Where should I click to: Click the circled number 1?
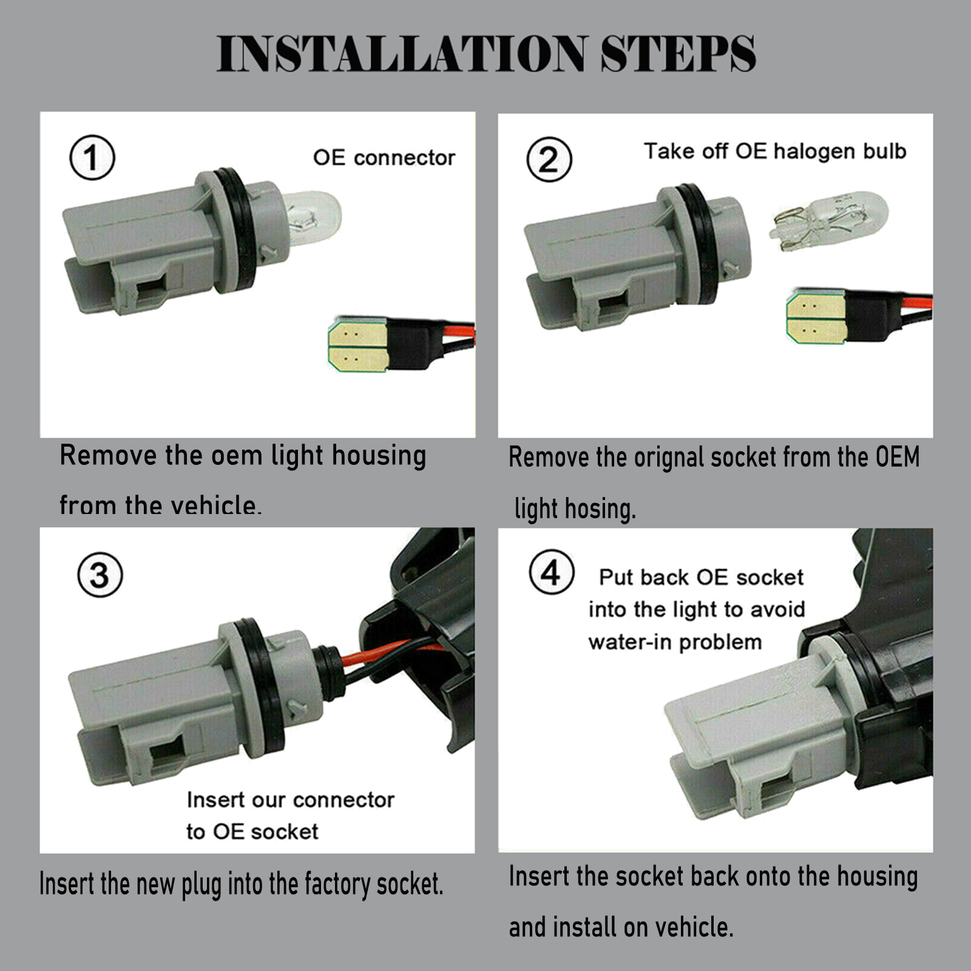pos(92,158)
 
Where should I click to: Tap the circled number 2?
pos(549,160)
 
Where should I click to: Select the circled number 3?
pos(100,575)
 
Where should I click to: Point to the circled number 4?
pos(551,572)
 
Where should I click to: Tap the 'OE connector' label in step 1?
pos(384,158)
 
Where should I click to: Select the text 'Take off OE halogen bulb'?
pos(775,151)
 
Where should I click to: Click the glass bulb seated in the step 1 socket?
pos(310,217)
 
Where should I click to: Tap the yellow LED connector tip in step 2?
pos(816,316)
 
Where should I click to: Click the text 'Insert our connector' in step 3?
pos(291,800)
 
